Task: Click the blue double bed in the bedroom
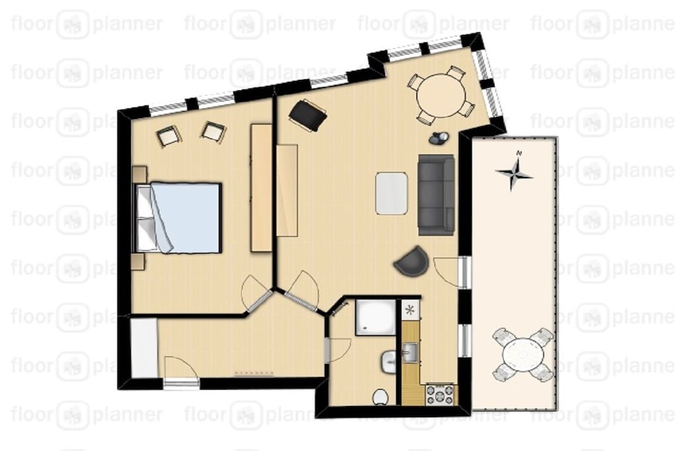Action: tap(178, 218)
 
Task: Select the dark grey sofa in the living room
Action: tap(436, 195)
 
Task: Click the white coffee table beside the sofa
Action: tap(391, 193)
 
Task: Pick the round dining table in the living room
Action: tap(441, 95)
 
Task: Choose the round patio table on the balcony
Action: tap(523, 355)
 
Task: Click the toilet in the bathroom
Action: tap(380, 397)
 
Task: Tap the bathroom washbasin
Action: tap(389, 362)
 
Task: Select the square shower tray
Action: tap(375, 318)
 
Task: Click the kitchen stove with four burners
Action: tap(440, 394)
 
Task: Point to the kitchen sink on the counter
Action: tap(409, 352)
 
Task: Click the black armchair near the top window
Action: tap(308, 114)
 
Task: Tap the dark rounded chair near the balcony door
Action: tap(411, 261)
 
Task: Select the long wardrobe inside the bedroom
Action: tap(261, 188)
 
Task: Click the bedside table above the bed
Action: tap(139, 174)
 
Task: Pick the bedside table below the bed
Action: tap(138, 261)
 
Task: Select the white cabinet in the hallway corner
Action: tap(144, 349)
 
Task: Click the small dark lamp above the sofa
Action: tap(439, 138)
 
